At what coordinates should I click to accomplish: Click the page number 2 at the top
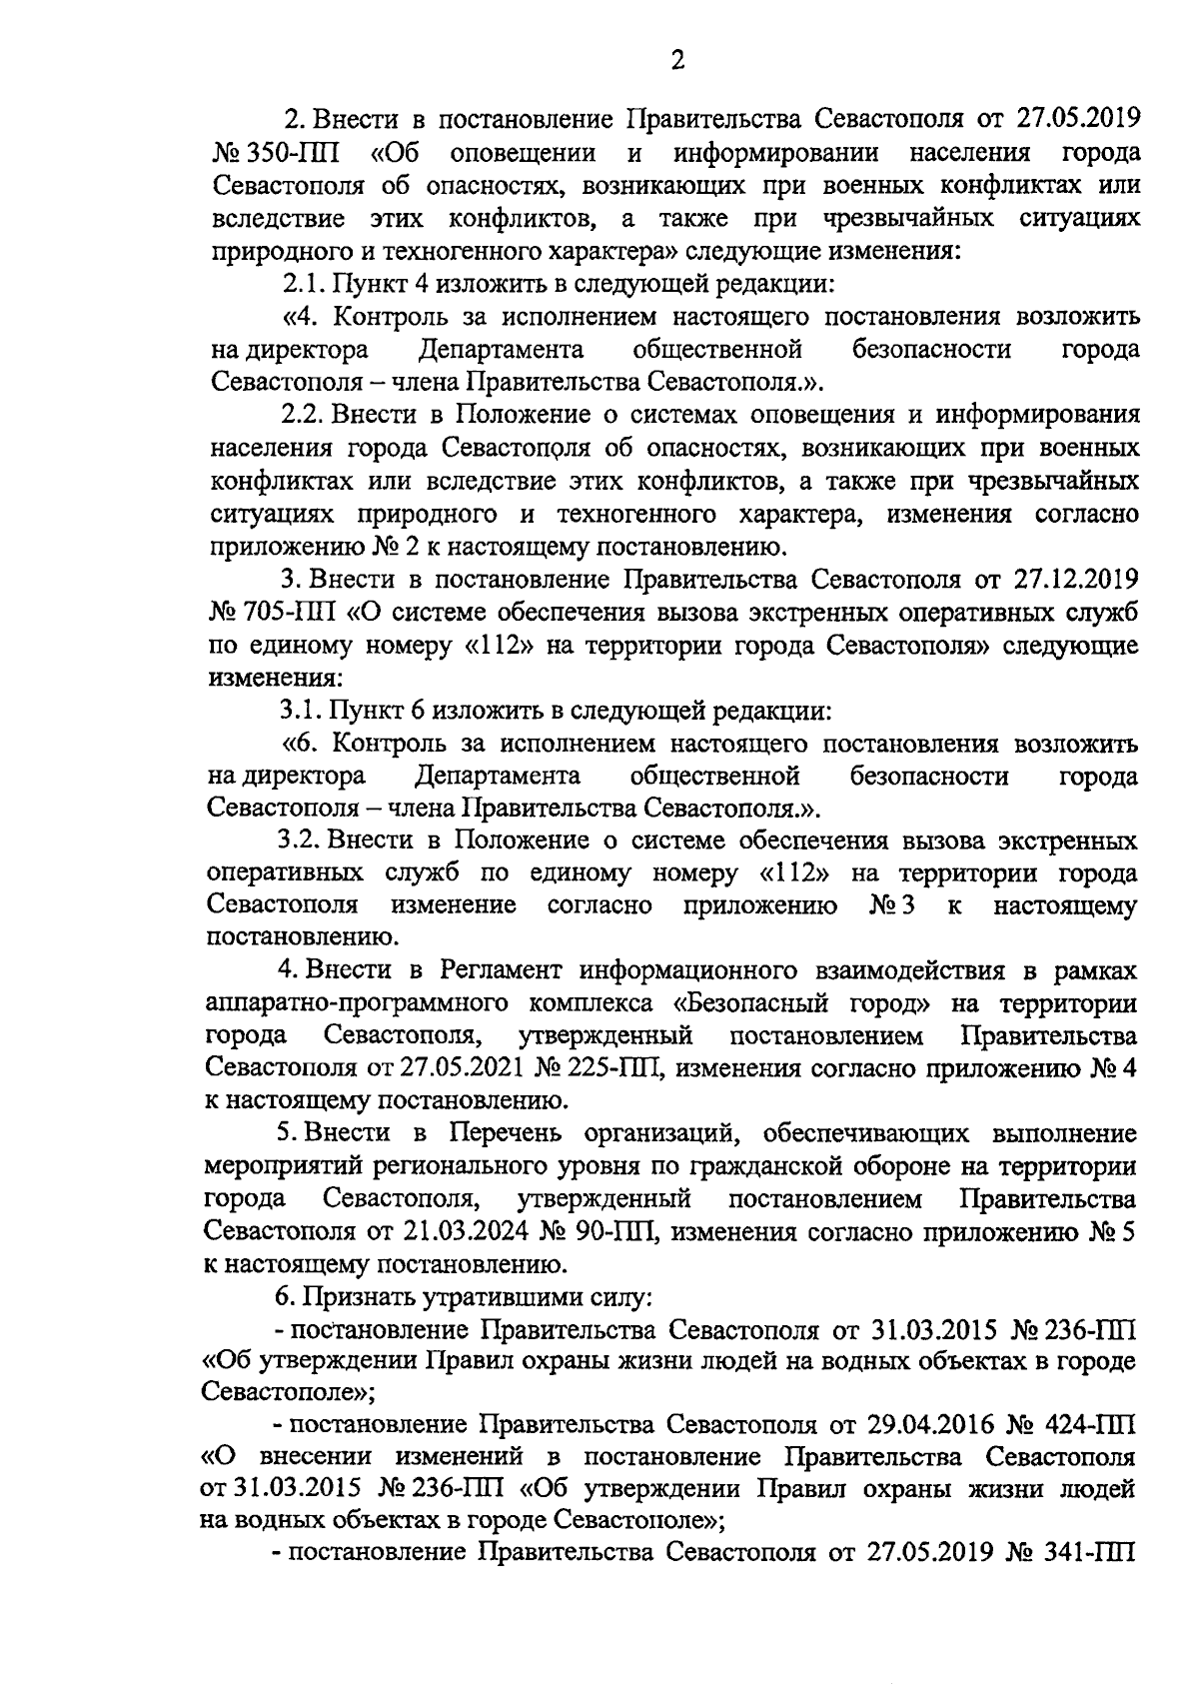point(677,62)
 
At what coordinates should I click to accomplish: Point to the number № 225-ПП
point(593,1068)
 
